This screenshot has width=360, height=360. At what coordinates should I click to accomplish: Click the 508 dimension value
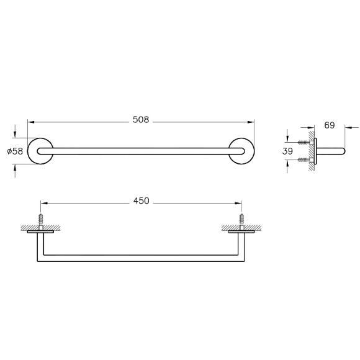click(142, 120)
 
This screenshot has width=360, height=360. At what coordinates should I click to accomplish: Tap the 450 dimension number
click(142, 200)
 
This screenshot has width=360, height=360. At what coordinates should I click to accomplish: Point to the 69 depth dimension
click(330, 125)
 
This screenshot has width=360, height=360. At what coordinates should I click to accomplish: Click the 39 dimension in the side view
click(287, 151)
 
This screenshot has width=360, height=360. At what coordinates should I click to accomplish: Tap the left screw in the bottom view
click(42, 221)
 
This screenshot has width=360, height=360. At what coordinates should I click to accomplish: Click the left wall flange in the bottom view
click(42, 232)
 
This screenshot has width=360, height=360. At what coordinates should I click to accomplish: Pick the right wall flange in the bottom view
click(241, 232)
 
